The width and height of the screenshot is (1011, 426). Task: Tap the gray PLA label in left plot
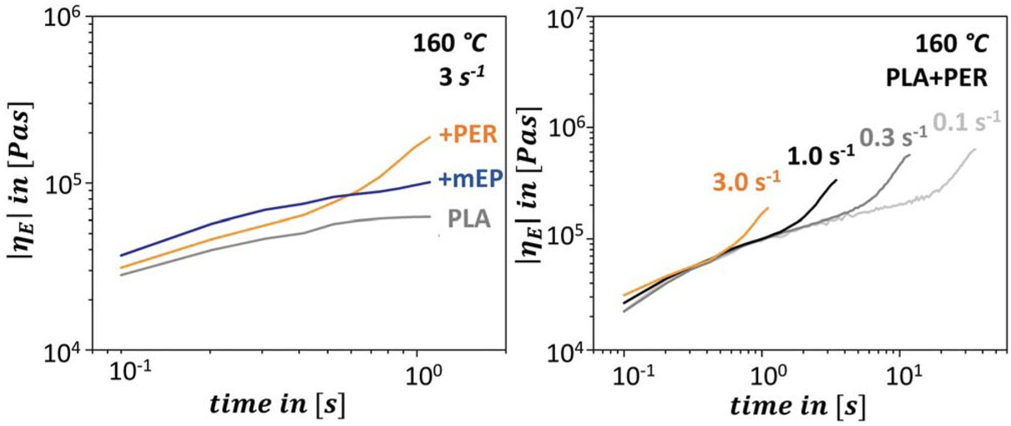pos(470,221)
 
